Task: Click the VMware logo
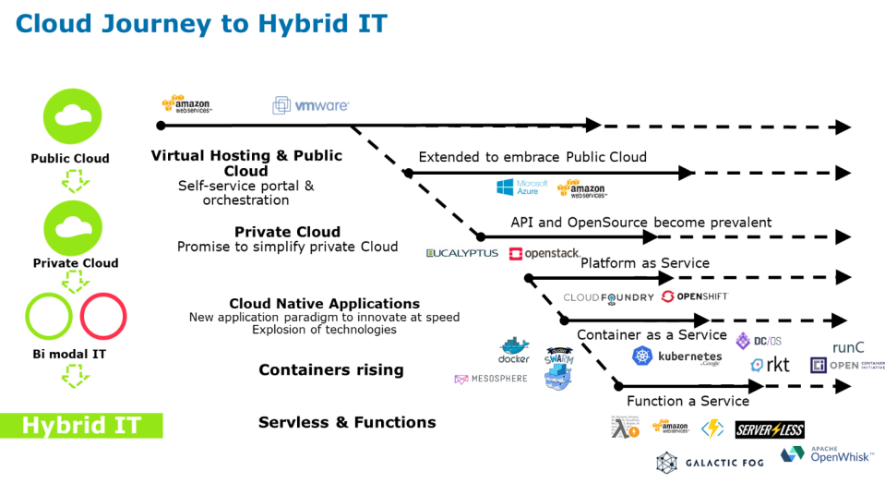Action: tap(311, 105)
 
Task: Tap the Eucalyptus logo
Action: tap(461, 253)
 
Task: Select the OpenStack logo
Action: tap(544, 253)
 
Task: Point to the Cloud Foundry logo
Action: tap(608, 297)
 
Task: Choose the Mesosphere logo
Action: tap(491, 379)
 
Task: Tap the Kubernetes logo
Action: tap(676, 356)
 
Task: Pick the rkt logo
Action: tap(770, 365)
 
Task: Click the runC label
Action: tap(847, 347)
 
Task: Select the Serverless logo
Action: tap(770, 430)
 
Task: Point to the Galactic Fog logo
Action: tap(709, 462)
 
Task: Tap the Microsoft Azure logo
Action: tap(521, 187)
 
